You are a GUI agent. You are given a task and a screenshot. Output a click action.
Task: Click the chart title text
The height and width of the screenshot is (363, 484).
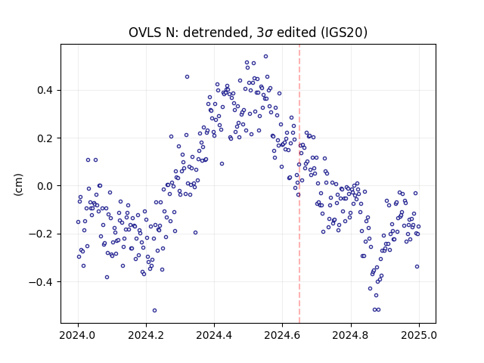248,33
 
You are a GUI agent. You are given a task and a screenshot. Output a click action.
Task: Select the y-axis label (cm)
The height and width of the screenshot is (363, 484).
18,185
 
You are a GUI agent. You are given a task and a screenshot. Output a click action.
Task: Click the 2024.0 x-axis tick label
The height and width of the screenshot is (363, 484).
78,335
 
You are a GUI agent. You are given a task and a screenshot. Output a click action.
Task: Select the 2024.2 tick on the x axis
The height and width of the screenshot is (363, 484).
146,335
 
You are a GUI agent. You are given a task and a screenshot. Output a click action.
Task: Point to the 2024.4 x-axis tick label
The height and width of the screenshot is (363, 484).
214,335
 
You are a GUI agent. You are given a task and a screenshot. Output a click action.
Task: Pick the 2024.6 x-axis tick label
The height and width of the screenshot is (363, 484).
282,335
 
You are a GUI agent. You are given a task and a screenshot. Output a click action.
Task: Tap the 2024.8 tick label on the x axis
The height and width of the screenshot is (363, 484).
351,335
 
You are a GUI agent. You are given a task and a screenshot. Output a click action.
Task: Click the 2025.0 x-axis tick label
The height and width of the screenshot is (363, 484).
419,335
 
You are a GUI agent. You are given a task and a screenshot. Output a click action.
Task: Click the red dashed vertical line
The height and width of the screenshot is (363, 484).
299,184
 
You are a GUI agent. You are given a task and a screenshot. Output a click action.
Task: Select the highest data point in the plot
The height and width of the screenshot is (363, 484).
265,57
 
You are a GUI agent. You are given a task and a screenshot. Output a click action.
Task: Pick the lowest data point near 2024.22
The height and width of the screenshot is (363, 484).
154,311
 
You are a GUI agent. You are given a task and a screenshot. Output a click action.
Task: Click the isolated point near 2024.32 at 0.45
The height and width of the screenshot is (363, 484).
187,77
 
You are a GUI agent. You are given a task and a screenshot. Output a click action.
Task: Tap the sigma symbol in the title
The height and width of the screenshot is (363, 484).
269,33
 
